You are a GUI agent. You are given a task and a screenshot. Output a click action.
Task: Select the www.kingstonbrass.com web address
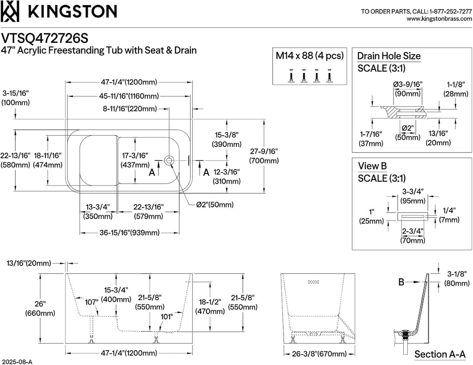click(x=439, y=19)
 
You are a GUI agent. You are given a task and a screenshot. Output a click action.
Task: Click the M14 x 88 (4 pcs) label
click(x=309, y=56)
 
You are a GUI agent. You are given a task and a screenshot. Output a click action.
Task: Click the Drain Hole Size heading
click(x=388, y=56)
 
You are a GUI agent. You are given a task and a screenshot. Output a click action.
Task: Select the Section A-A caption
click(x=440, y=354)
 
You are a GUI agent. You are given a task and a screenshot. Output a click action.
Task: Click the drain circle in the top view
click(x=169, y=160)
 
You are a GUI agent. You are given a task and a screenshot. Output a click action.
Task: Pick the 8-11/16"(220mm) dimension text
click(x=130, y=109)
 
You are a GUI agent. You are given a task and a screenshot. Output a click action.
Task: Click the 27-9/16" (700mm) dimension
click(x=264, y=156)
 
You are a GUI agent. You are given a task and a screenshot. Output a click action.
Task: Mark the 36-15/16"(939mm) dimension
click(x=129, y=233)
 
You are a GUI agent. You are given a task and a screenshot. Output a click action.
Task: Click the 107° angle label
click(x=91, y=302)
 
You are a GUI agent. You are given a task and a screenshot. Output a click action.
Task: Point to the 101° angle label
click(x=166, y=317)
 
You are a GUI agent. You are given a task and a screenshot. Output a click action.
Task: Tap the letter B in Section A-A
click(x=402, y=281)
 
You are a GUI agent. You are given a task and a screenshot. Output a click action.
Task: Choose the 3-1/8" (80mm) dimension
click(x=457, y=278)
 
